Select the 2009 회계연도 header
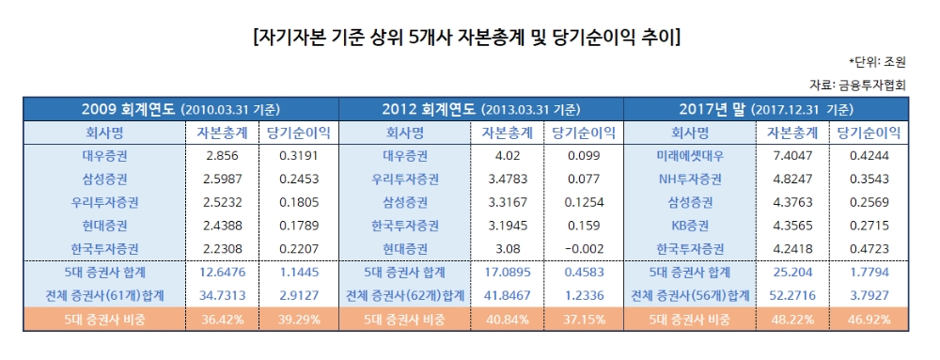click(181, 108)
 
